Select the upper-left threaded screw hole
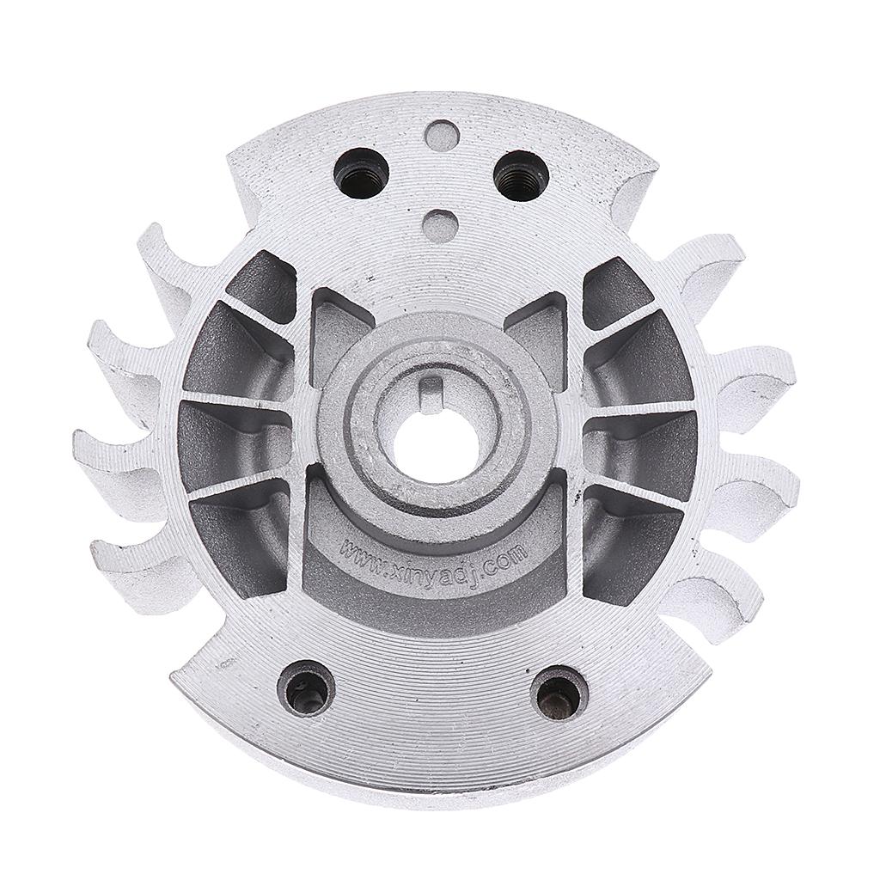point(360,173)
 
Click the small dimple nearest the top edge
point(441,137)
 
